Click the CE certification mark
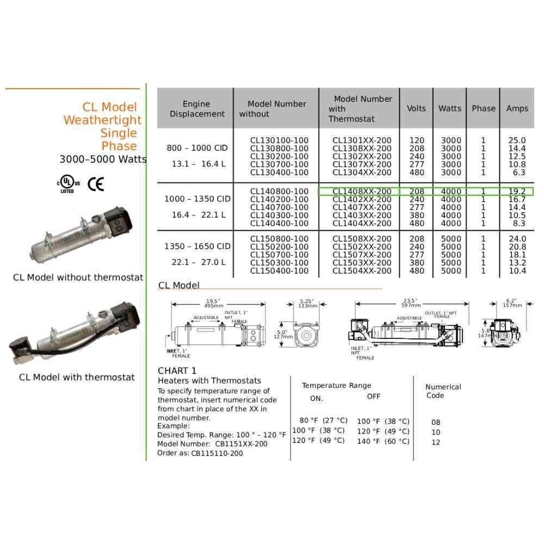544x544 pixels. pyautogui.click(x=96, y=184)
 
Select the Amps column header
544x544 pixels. pyautogui.click(x=517, y=108)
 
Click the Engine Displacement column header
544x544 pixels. pyautogui.click(x=196, y=109)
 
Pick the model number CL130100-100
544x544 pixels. pyautogui.click(x=279, y=140)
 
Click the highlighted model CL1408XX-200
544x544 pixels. pyautogui.click(x=362, y=191)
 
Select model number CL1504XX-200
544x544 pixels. pyautogui.click(x=362, y=271)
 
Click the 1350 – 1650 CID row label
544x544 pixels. pyautogui.click(x=197, y=246)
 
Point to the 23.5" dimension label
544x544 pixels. pyautogui.click(x=410, y=301)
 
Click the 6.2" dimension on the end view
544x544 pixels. pyautogui.click(x=511, y=301)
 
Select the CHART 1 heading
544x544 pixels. pyautogui.click(x=177, y=371)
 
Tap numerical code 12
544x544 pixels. pyautogui.click(x=436, y=443)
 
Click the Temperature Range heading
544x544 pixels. pyautogui.click(x=337, y=386)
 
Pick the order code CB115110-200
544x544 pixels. pyautogui.click(x=217, y=453)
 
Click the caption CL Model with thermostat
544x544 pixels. pyautogui.click(x=77, y=378)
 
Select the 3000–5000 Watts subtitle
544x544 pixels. pyautogui.click(x=103, y=159)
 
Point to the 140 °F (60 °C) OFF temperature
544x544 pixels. pyautogui.click(x=383, y=442)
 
